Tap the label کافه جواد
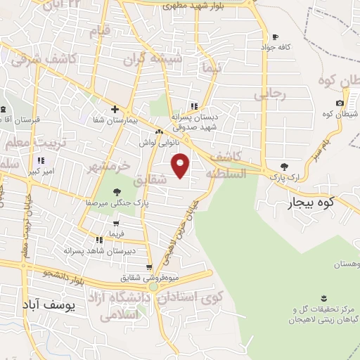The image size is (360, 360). click(x=275, y=48)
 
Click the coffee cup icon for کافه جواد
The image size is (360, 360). click(x=275, y=37)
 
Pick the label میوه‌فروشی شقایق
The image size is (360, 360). click(x=152, y=278)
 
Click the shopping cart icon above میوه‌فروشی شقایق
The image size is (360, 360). click(x=149, y=267)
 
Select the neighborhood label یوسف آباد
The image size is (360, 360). click(x=48, y=307)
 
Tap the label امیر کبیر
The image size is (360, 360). click(x=38, y=172)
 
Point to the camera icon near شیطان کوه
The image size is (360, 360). click(x=340, y=103)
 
